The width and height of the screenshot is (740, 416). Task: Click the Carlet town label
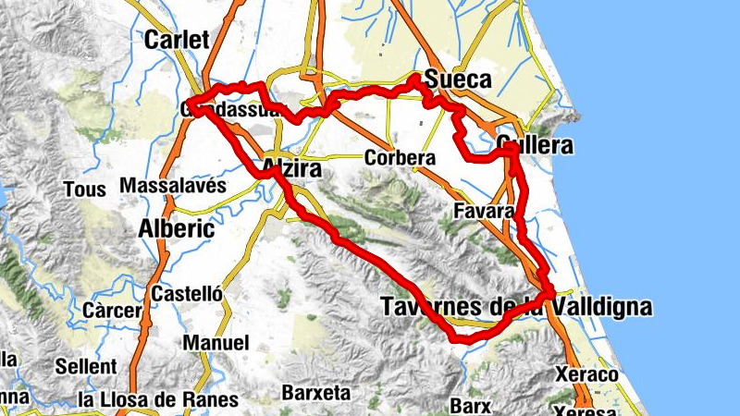click(178, 39)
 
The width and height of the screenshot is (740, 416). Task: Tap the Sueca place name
click(459, 80)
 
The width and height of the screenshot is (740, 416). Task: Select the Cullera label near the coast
click(535, 146)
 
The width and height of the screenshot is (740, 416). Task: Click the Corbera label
click(400, 158)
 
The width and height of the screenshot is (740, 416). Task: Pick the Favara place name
click(483, 212)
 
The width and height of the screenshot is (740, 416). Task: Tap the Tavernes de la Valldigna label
click(515, 307)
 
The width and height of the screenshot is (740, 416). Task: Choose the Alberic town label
click(176, 228)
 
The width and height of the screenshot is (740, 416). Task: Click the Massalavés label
click(173, 185)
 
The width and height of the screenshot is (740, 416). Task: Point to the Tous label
click(78, 190)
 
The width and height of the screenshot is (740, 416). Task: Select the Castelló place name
click(187, 294)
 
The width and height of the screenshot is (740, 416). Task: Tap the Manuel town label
click(216, 343)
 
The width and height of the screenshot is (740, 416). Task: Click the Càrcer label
click(110, 309)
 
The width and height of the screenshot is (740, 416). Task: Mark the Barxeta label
click(316, 393)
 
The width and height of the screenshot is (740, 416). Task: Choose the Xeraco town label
click(586, 374)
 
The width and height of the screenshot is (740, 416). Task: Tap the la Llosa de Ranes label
click(158, 400)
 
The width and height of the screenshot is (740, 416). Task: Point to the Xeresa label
click(584, 409)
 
